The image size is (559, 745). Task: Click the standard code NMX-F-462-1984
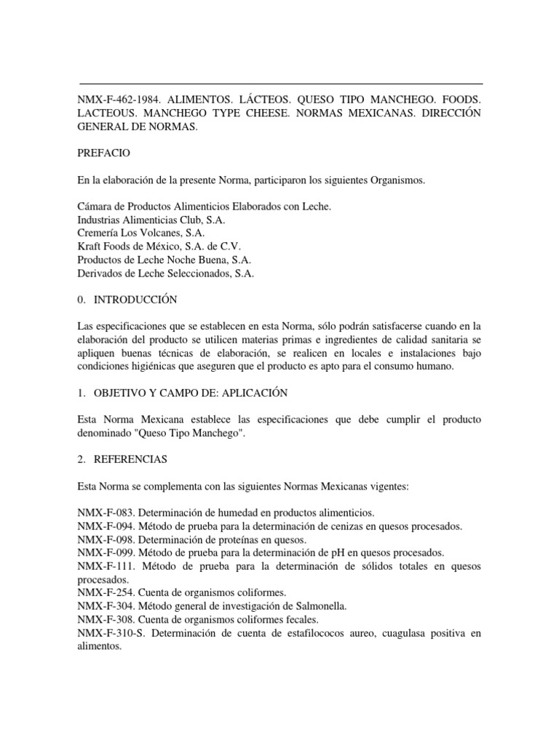click(x=122, y=97)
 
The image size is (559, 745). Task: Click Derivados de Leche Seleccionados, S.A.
click(x=165, y=273)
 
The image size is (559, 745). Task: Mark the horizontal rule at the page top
click(x=280, y=84)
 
